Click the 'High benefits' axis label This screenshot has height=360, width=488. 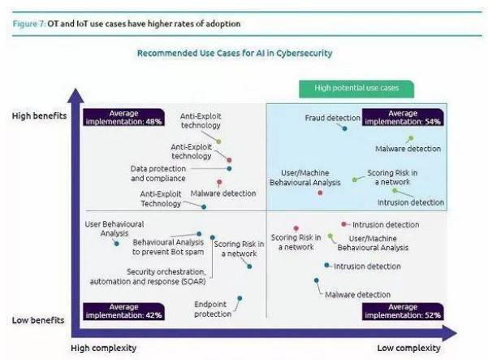coord(39,115)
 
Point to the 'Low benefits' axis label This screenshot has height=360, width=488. coord(38,319)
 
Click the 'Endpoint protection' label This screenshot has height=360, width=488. coord(213,309)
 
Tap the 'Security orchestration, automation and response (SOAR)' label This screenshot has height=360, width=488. coord(166,276)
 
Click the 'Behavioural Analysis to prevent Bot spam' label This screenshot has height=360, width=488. coord(169,246)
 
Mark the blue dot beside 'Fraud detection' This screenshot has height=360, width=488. coord(345,128)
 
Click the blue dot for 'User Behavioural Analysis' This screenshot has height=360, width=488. coord(117,243)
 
